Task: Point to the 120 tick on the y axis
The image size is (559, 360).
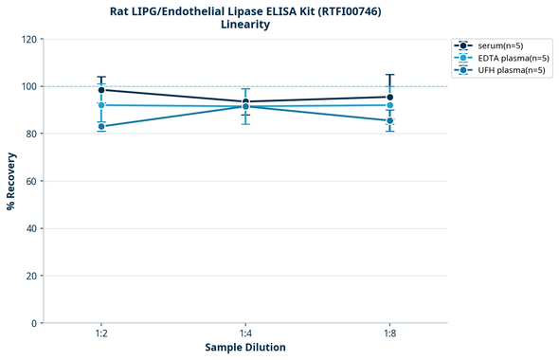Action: [28, 39]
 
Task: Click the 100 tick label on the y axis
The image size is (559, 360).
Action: [28, 86]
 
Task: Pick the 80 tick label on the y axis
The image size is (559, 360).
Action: [31, 134]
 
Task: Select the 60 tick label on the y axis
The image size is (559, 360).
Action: [31, 181]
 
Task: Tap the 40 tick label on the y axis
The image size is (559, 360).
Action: [31, 228]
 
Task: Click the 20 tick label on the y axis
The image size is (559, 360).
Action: [31, 276]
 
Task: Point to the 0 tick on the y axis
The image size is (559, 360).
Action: [34, 323]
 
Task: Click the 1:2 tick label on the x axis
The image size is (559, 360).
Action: [101, 334]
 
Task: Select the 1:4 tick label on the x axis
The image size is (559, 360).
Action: [245, 334]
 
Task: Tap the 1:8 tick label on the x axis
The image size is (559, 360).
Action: [389, 334]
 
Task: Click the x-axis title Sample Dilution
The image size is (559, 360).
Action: [245, 348]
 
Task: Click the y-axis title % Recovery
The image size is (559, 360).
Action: [11, 181]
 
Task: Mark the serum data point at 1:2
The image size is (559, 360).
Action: [101, 90]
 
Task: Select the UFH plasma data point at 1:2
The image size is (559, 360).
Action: [101, 126]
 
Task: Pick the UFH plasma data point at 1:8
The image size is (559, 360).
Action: [389, 120]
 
